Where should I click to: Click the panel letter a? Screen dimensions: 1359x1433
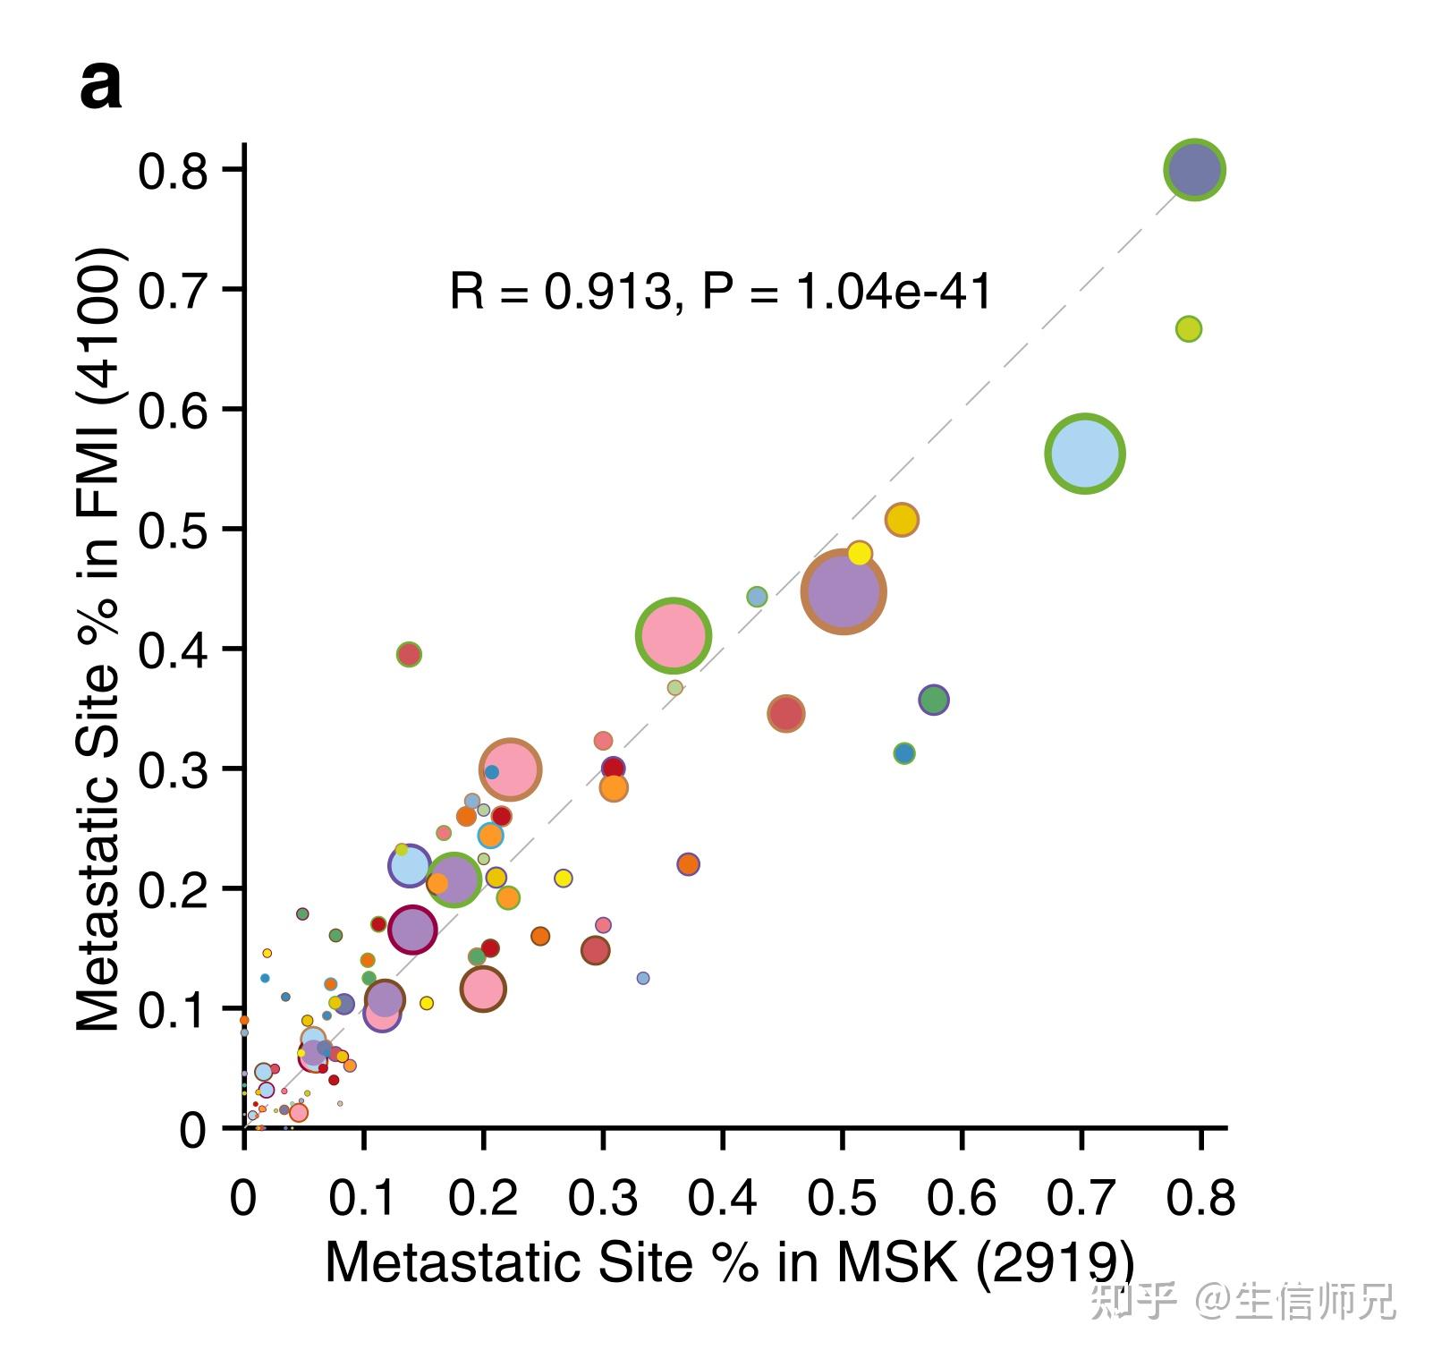point(100,87)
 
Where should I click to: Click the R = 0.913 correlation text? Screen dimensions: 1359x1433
point(720,292)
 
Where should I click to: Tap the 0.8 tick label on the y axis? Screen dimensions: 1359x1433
point(173,171)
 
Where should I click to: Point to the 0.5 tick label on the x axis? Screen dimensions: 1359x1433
point(841,1198)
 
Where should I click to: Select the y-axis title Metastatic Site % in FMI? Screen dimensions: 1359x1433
point(98,639)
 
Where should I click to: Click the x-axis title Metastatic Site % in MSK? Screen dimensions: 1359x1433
point(729,1262)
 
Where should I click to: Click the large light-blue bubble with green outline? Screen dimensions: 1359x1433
point(1084,454)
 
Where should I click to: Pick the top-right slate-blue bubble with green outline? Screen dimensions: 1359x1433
point(1194,169)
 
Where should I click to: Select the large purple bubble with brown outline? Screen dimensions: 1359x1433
point(843,591)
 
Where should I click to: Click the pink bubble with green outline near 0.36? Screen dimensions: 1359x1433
point(674,635)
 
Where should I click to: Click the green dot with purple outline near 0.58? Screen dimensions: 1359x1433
point(933,700)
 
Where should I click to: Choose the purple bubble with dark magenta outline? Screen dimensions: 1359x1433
point(411,930)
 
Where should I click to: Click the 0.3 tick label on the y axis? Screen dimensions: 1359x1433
point(173,769)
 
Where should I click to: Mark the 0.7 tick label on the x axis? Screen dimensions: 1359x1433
point(1081,1198)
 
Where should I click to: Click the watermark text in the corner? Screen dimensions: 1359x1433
point(1242,1301)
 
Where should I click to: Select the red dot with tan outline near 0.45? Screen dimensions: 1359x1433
point(785,713)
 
